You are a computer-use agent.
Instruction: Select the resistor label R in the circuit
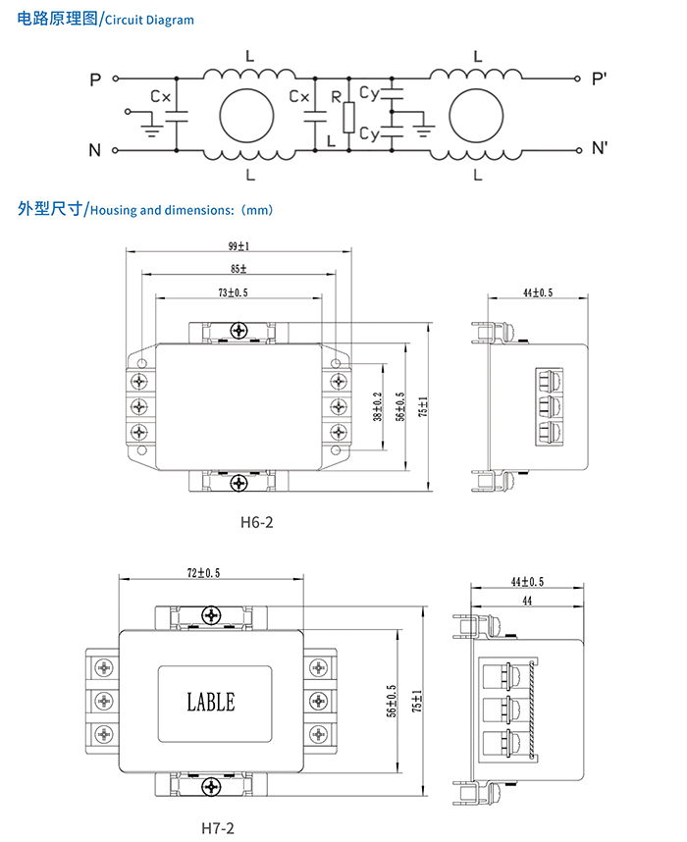336,97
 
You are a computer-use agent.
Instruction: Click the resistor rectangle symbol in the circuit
347,118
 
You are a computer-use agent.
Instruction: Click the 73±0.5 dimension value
233,292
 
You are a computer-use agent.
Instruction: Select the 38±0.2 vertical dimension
377,406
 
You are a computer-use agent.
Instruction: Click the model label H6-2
256,522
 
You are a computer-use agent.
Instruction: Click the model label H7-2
218,826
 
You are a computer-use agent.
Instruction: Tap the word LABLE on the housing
211,702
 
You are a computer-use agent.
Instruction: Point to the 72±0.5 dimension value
203,571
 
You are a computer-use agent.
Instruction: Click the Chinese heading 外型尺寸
49,209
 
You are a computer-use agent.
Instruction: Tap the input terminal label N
95,150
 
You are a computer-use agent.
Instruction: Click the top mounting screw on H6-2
238,330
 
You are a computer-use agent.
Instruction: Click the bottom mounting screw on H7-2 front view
212,786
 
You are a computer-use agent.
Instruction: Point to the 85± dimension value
238,269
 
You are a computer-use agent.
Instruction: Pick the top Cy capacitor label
369,93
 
